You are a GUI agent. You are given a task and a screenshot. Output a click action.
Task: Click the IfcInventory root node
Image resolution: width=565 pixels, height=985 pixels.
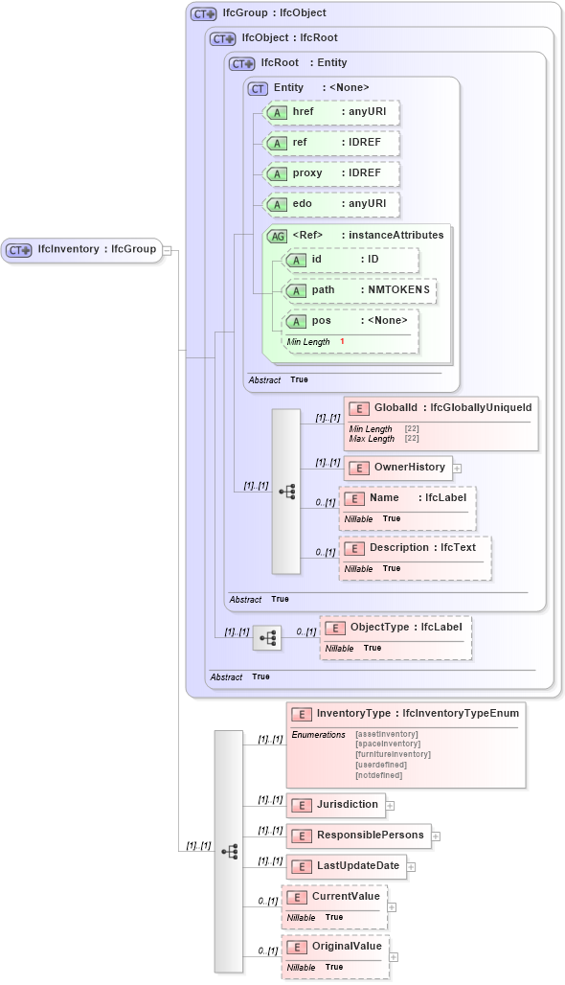80,249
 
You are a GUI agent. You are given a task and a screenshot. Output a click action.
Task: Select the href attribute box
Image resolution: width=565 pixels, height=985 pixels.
331,113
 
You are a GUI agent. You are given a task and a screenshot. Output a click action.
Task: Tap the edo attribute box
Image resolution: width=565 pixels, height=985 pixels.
331,205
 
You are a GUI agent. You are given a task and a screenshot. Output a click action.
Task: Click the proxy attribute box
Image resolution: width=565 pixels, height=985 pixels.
331,174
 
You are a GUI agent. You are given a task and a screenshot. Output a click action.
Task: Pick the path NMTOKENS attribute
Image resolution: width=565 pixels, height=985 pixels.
360,290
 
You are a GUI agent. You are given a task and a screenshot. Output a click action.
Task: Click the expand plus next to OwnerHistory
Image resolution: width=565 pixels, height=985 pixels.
457,469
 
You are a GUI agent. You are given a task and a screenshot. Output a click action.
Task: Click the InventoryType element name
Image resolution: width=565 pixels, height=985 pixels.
353,714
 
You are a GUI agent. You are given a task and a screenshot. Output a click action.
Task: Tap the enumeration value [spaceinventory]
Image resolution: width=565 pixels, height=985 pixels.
387,744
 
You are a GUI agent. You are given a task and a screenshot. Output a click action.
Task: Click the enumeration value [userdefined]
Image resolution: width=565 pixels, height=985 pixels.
380,765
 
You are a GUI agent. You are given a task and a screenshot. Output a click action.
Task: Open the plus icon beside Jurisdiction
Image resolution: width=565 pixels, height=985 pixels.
390,806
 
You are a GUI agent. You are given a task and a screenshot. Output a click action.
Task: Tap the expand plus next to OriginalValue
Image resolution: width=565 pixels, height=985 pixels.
394,957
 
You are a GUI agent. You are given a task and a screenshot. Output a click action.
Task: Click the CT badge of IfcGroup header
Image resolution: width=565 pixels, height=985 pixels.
203,14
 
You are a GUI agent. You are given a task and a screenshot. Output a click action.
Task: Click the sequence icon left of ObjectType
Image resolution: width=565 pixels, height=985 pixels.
267,636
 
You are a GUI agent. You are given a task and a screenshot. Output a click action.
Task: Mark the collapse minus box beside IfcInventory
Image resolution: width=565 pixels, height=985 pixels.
168,250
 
